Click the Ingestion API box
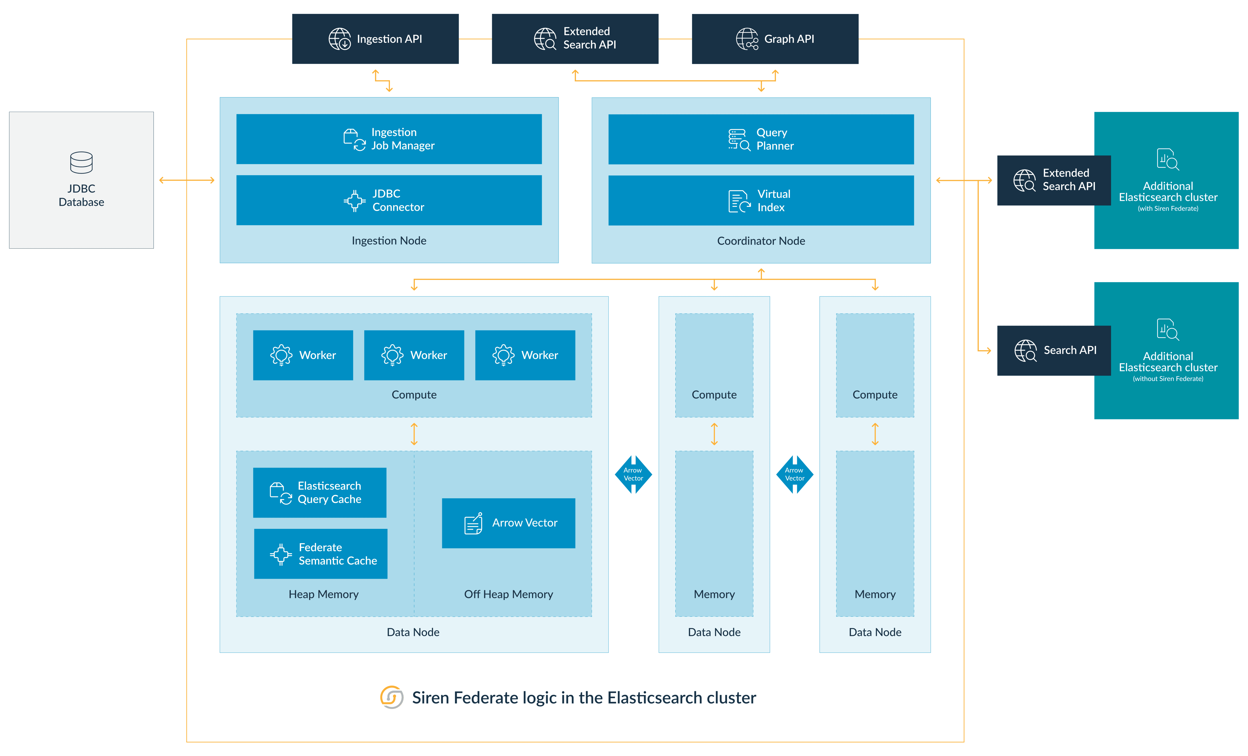(x=375, y=39)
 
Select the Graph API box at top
(x=775, y=39)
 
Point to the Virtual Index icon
(x=739, y=201)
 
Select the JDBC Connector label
(x=398, y=200)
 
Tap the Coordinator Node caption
(x=761, y=241)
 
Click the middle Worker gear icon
(x=392, y=355)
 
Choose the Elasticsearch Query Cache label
(x=329, y=492)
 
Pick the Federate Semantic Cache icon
(x=281, y=554)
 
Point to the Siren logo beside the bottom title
(x=391, y=698)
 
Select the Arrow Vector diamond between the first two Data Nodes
(x=633, y=474)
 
